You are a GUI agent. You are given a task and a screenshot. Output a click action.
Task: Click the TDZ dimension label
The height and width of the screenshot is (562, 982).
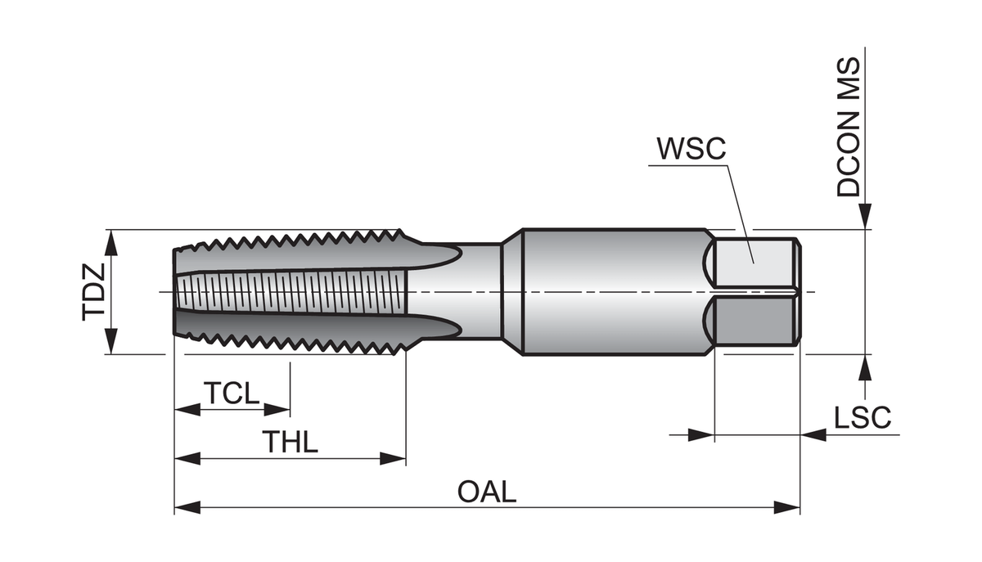[x=94, y=291]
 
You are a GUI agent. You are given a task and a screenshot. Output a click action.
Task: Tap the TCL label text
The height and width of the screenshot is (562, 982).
[x=232, y=393]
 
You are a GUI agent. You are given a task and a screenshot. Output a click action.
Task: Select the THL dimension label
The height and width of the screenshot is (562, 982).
[x=290, y=442]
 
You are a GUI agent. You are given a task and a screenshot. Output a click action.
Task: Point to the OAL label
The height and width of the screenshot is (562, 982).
[x=487, y=492]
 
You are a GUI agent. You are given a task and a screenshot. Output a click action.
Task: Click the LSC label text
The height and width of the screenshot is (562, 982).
[x=862, y=418]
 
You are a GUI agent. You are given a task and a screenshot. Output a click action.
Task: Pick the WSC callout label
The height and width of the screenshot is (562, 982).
[x=691, y=150]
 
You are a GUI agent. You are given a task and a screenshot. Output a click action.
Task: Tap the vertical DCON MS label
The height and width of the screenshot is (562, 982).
[x=849, y=127]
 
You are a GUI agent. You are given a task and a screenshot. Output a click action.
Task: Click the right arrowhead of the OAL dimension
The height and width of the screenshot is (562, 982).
[x=787, y=508]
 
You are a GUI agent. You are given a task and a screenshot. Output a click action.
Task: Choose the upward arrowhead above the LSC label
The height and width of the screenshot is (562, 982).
[x=865, y=367]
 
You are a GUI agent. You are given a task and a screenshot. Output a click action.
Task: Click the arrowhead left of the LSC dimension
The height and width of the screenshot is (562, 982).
[x=700, y=434]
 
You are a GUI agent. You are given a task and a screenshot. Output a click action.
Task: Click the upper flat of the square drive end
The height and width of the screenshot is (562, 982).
[x=753, y=262]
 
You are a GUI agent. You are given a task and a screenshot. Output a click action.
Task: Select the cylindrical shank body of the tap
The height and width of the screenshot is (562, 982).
[x=614, y=292]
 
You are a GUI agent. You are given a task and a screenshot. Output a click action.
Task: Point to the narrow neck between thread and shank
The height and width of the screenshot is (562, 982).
[x=479, y=292]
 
